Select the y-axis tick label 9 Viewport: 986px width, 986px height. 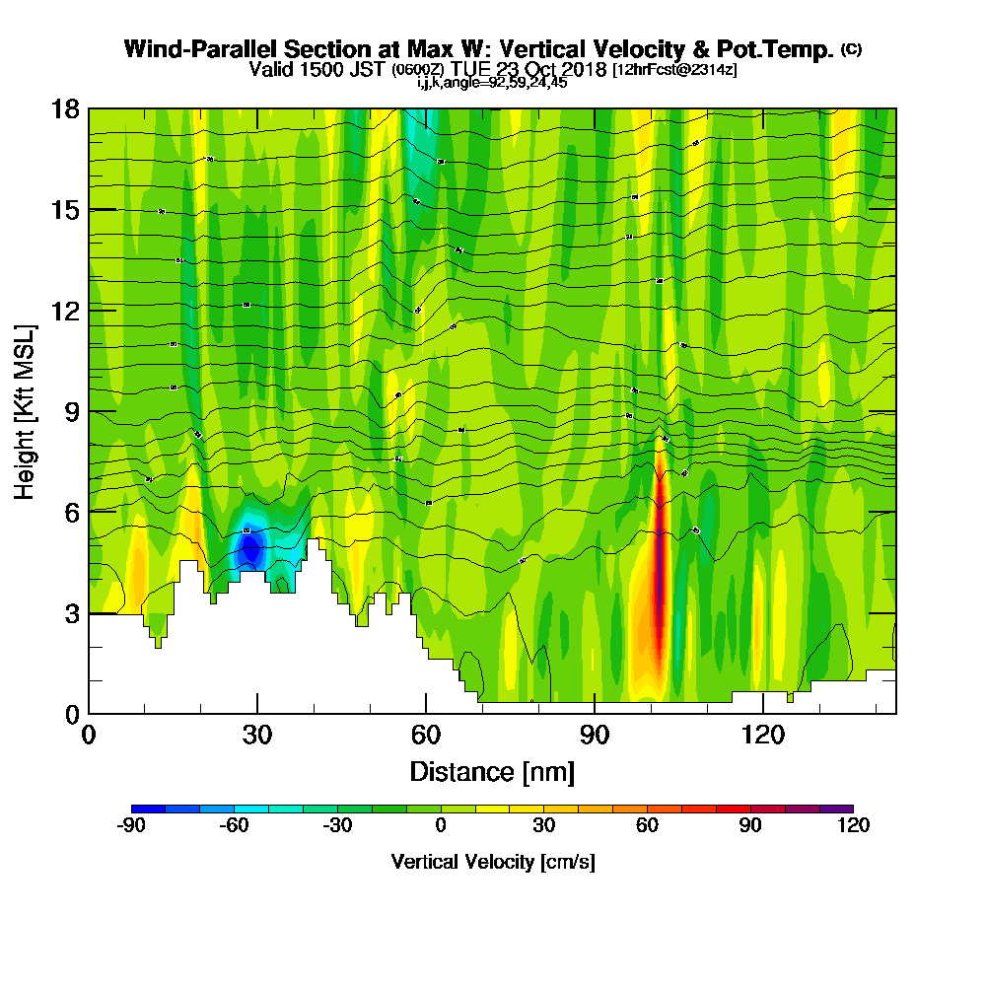pos(71,411)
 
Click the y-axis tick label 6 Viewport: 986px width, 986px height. pos(71,512)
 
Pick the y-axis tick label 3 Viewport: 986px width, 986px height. pos(71,612)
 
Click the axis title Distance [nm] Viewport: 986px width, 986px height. pos(492,771)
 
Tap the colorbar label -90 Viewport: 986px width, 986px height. pos(132,826)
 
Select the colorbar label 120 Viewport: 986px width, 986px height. pos(853,826)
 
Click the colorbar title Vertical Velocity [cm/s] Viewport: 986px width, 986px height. pos(492,862)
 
